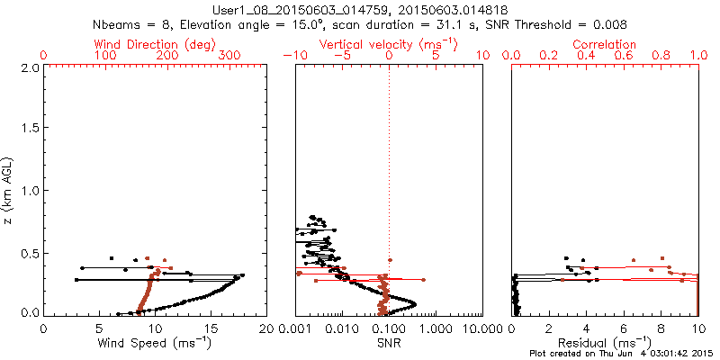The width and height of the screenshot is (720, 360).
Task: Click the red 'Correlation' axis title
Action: [605, 44]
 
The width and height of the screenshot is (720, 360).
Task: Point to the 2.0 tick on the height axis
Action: [30, 67]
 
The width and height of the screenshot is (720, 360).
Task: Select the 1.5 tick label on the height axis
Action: [30, 129]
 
